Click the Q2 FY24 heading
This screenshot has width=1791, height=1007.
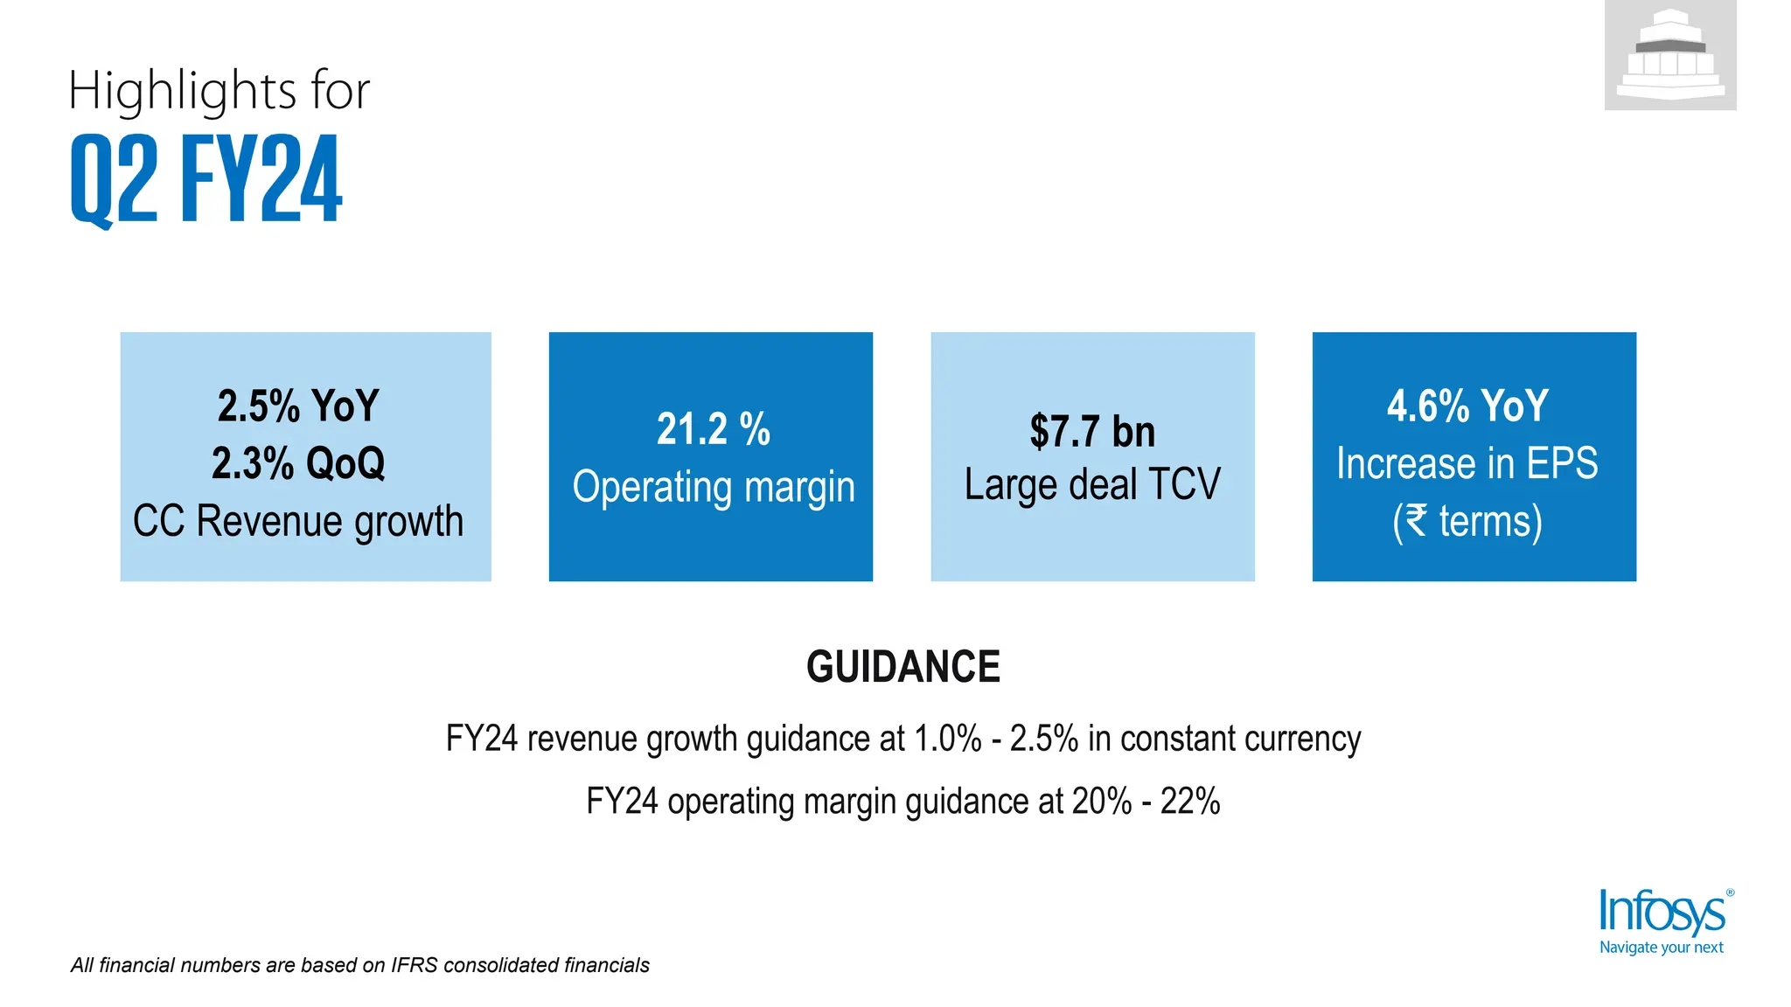[206, 179]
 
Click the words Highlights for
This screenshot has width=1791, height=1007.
[219, 90]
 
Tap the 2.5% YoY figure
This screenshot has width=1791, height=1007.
[298, 406]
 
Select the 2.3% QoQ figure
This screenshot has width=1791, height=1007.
[298, 463]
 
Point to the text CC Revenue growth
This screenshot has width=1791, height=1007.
[298, 521]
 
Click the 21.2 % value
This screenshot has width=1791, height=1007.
[713, 429]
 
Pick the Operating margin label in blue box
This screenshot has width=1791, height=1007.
[713, 487]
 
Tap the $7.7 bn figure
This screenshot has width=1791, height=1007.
[1091, 432]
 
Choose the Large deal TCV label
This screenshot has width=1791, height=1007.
[1091, 484]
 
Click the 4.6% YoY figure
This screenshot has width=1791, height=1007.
[1467, 406]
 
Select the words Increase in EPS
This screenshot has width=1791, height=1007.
[1467, 463]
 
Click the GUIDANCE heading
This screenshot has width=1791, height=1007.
[902, 667]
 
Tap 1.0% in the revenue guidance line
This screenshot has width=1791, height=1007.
[948, 740]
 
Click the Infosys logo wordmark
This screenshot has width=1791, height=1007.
[1662, 913]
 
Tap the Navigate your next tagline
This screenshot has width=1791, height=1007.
[1661, 948]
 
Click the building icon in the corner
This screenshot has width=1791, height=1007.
[1669, 55]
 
